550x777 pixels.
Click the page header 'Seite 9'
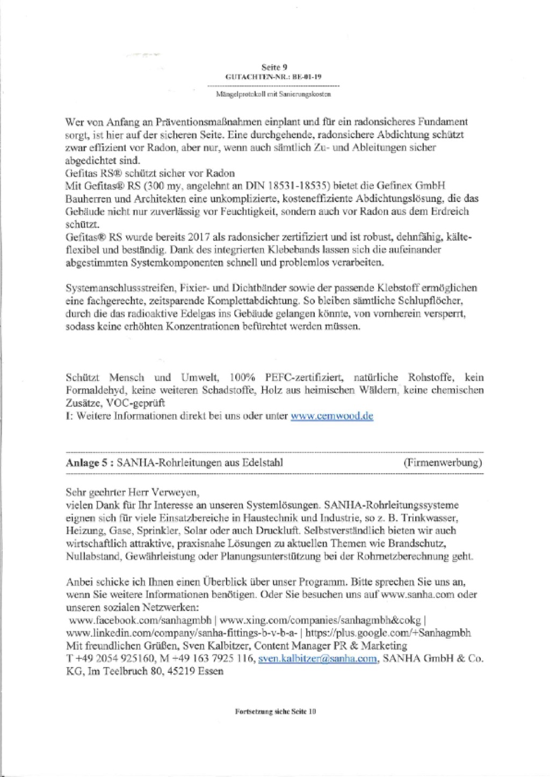coord(274,67)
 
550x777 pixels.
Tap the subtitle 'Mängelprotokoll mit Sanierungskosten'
coord(273,95)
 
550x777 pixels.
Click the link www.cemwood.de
coord(331,416)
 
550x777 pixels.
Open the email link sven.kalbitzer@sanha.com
coord(317,659)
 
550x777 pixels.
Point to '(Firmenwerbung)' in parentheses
coord(443,462)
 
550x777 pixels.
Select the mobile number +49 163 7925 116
coord(215,659)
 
